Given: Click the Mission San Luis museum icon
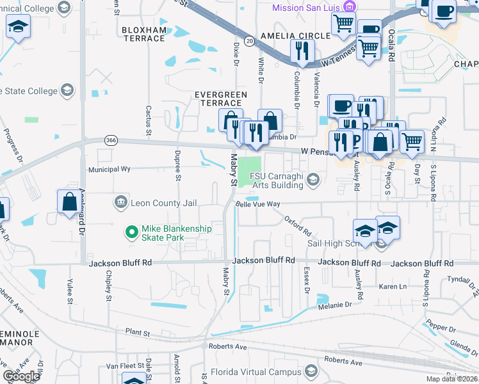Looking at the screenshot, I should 349,8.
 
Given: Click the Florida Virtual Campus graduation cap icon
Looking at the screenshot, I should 311,371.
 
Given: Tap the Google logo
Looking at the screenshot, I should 21,376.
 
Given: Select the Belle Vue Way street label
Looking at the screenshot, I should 258,204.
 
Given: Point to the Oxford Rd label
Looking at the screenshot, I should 298,225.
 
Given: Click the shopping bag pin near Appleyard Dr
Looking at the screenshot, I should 69,202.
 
